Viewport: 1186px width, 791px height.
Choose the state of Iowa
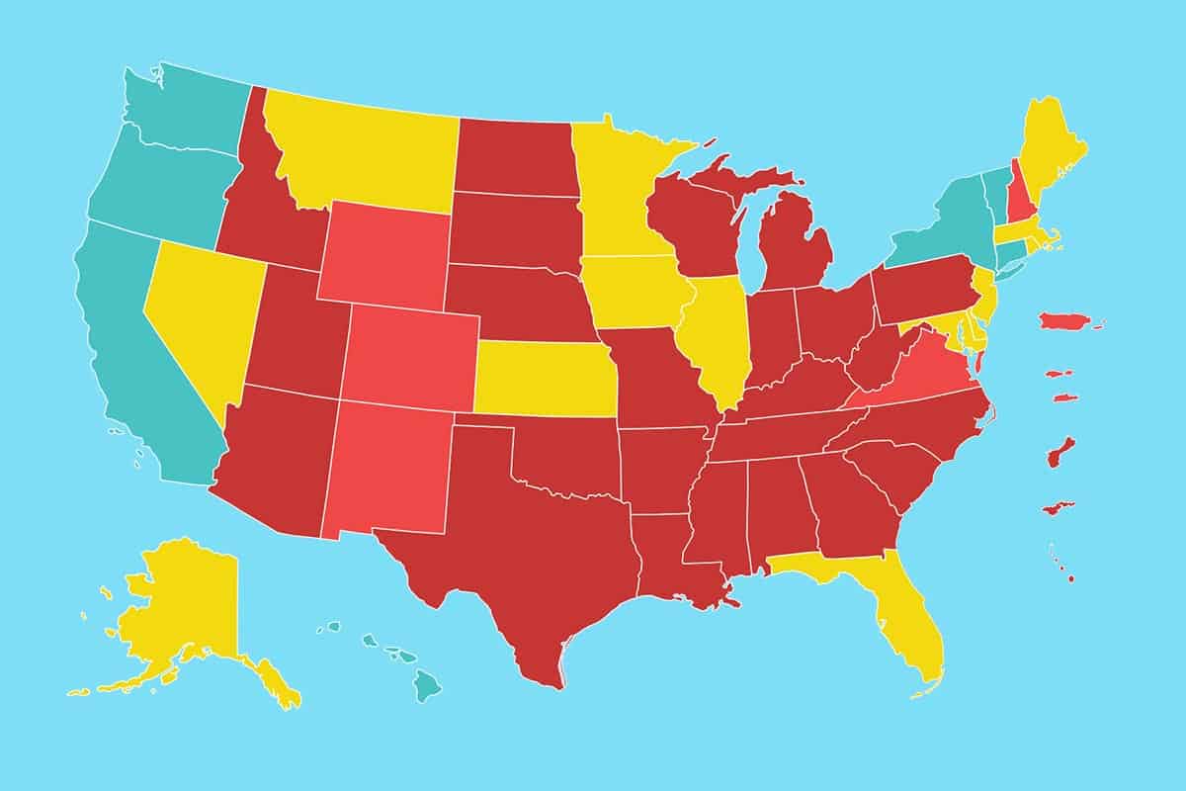point(633,287)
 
